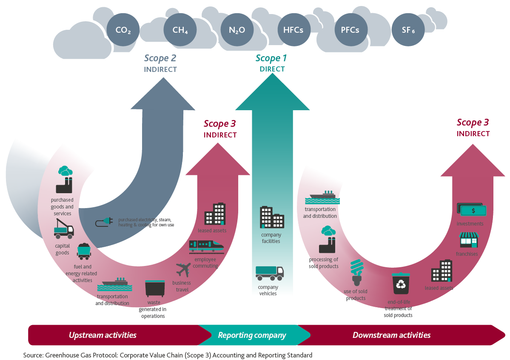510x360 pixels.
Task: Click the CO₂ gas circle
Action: tap(123, 30)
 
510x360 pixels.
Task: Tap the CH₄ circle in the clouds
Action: tap(180, 30)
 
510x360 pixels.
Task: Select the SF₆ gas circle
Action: tap(408, 30)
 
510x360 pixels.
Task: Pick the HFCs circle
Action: tap(293, 30)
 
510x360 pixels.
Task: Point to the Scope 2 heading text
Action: tap(160, 58)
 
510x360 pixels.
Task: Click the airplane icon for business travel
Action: tap(183, 270)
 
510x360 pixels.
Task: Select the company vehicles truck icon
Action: tap(269, 273)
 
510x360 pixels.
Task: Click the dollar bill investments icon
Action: tap(471, 210)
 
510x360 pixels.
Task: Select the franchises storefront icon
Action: tap(468, 240)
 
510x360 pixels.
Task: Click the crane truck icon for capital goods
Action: tap(63, 228)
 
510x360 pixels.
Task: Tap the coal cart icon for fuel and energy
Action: tap(83, 251)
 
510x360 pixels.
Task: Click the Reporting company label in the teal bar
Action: tap(252, 335)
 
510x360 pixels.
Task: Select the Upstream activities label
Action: tap(103, 335)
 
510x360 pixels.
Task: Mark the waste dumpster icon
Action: tap(155, 289)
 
